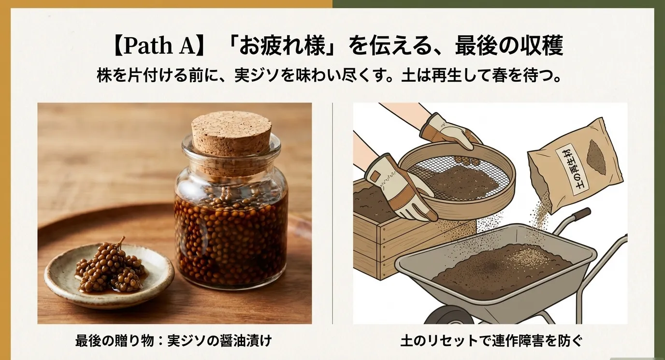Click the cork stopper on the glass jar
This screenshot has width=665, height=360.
tap(231, 133)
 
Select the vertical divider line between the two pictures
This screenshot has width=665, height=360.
tap(332, 213)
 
